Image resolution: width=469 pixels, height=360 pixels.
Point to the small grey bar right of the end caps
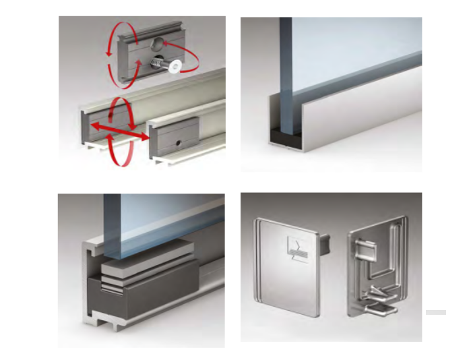click(436, 312)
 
